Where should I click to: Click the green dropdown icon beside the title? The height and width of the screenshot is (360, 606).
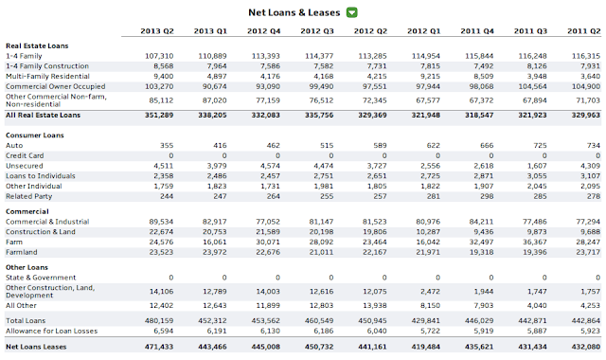tap(351, 12)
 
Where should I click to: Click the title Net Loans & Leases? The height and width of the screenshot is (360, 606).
tap(294, 12)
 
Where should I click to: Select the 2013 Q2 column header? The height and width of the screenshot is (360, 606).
tap(157, 31)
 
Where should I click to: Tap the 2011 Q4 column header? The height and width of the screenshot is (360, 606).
tap(477, 31)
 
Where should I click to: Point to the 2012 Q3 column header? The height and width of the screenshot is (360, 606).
tap(317, 31)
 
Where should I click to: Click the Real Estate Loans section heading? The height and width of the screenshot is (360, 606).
tap(37, 45)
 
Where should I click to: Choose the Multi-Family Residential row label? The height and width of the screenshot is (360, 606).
tap(47, 76)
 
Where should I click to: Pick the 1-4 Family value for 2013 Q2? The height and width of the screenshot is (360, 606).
tap(159, 56)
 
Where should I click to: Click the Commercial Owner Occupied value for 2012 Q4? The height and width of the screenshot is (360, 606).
tap(268, 86)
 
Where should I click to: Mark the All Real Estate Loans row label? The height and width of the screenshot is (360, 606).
tap(43, 115)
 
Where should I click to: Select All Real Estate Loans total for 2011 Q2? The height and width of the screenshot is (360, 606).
tap(586, 115)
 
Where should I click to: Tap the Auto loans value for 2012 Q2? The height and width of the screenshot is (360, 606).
tap(380, 145)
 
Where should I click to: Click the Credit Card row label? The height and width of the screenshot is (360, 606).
tap(25, 155)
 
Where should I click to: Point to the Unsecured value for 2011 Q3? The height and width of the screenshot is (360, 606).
tap(537, 166)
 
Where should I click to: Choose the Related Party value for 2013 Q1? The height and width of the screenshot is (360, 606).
tap(220, 196)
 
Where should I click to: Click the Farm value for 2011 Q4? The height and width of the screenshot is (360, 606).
tap(481, 243)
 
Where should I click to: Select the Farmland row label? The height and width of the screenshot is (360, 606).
tap(22, 252)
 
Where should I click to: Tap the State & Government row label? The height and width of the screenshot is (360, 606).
tap(41, 278)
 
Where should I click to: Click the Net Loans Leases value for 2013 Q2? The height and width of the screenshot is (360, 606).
tap(159, 347)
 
